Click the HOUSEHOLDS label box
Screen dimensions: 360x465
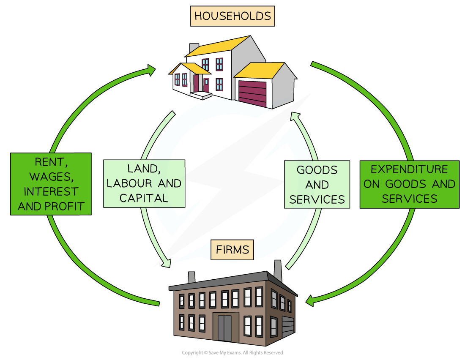(232, 16)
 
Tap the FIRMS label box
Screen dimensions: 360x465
(232, 250)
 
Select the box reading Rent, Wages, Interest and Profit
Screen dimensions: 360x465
(51, 184)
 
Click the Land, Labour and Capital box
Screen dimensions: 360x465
(144, 183)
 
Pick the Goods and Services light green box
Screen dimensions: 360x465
(317, 184)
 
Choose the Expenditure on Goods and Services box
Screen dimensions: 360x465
(409, 184)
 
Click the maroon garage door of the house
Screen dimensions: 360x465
(252, 93)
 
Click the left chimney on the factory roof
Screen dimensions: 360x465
(191, 277)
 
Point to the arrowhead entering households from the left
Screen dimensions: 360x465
(151, 70)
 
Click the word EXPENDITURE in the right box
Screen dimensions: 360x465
(409, 169)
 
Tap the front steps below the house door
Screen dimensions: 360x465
(200, 95)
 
